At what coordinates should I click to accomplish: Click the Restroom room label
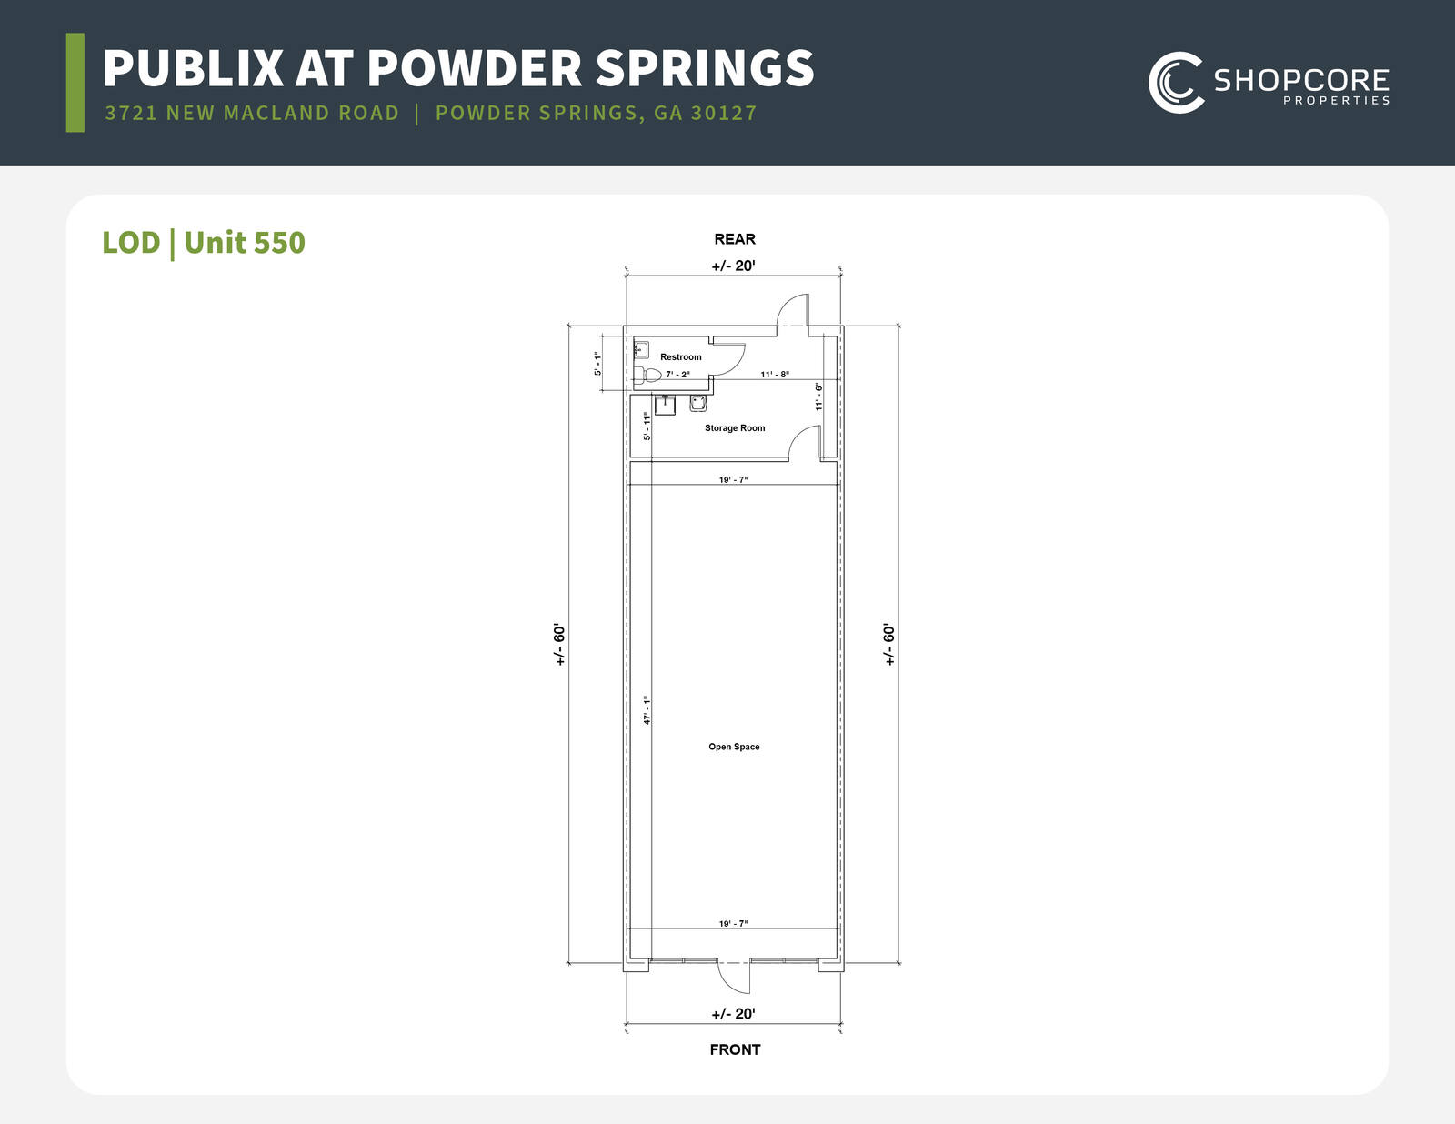point(680,356)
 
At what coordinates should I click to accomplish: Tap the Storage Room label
point(735,427)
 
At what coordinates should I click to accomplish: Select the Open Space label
point(734,747)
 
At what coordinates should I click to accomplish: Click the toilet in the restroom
point(647,375)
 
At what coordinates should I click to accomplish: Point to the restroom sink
point(641,349)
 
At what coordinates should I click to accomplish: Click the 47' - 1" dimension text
point(647,710)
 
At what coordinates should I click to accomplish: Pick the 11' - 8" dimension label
point(775,375)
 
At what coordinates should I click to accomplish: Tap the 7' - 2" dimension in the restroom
point(677,375)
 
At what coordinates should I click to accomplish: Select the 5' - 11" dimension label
point(647,426)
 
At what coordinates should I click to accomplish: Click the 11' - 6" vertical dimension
point(818,396)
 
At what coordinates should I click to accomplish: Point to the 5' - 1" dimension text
point(597,364)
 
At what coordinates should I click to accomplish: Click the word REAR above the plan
point(735,239)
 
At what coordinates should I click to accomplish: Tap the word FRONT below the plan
point(735,1049)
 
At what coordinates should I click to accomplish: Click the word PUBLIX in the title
point(193,67)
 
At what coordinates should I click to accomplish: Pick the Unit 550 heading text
point(245,242)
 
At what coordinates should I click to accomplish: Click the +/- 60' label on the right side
point(888,644)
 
